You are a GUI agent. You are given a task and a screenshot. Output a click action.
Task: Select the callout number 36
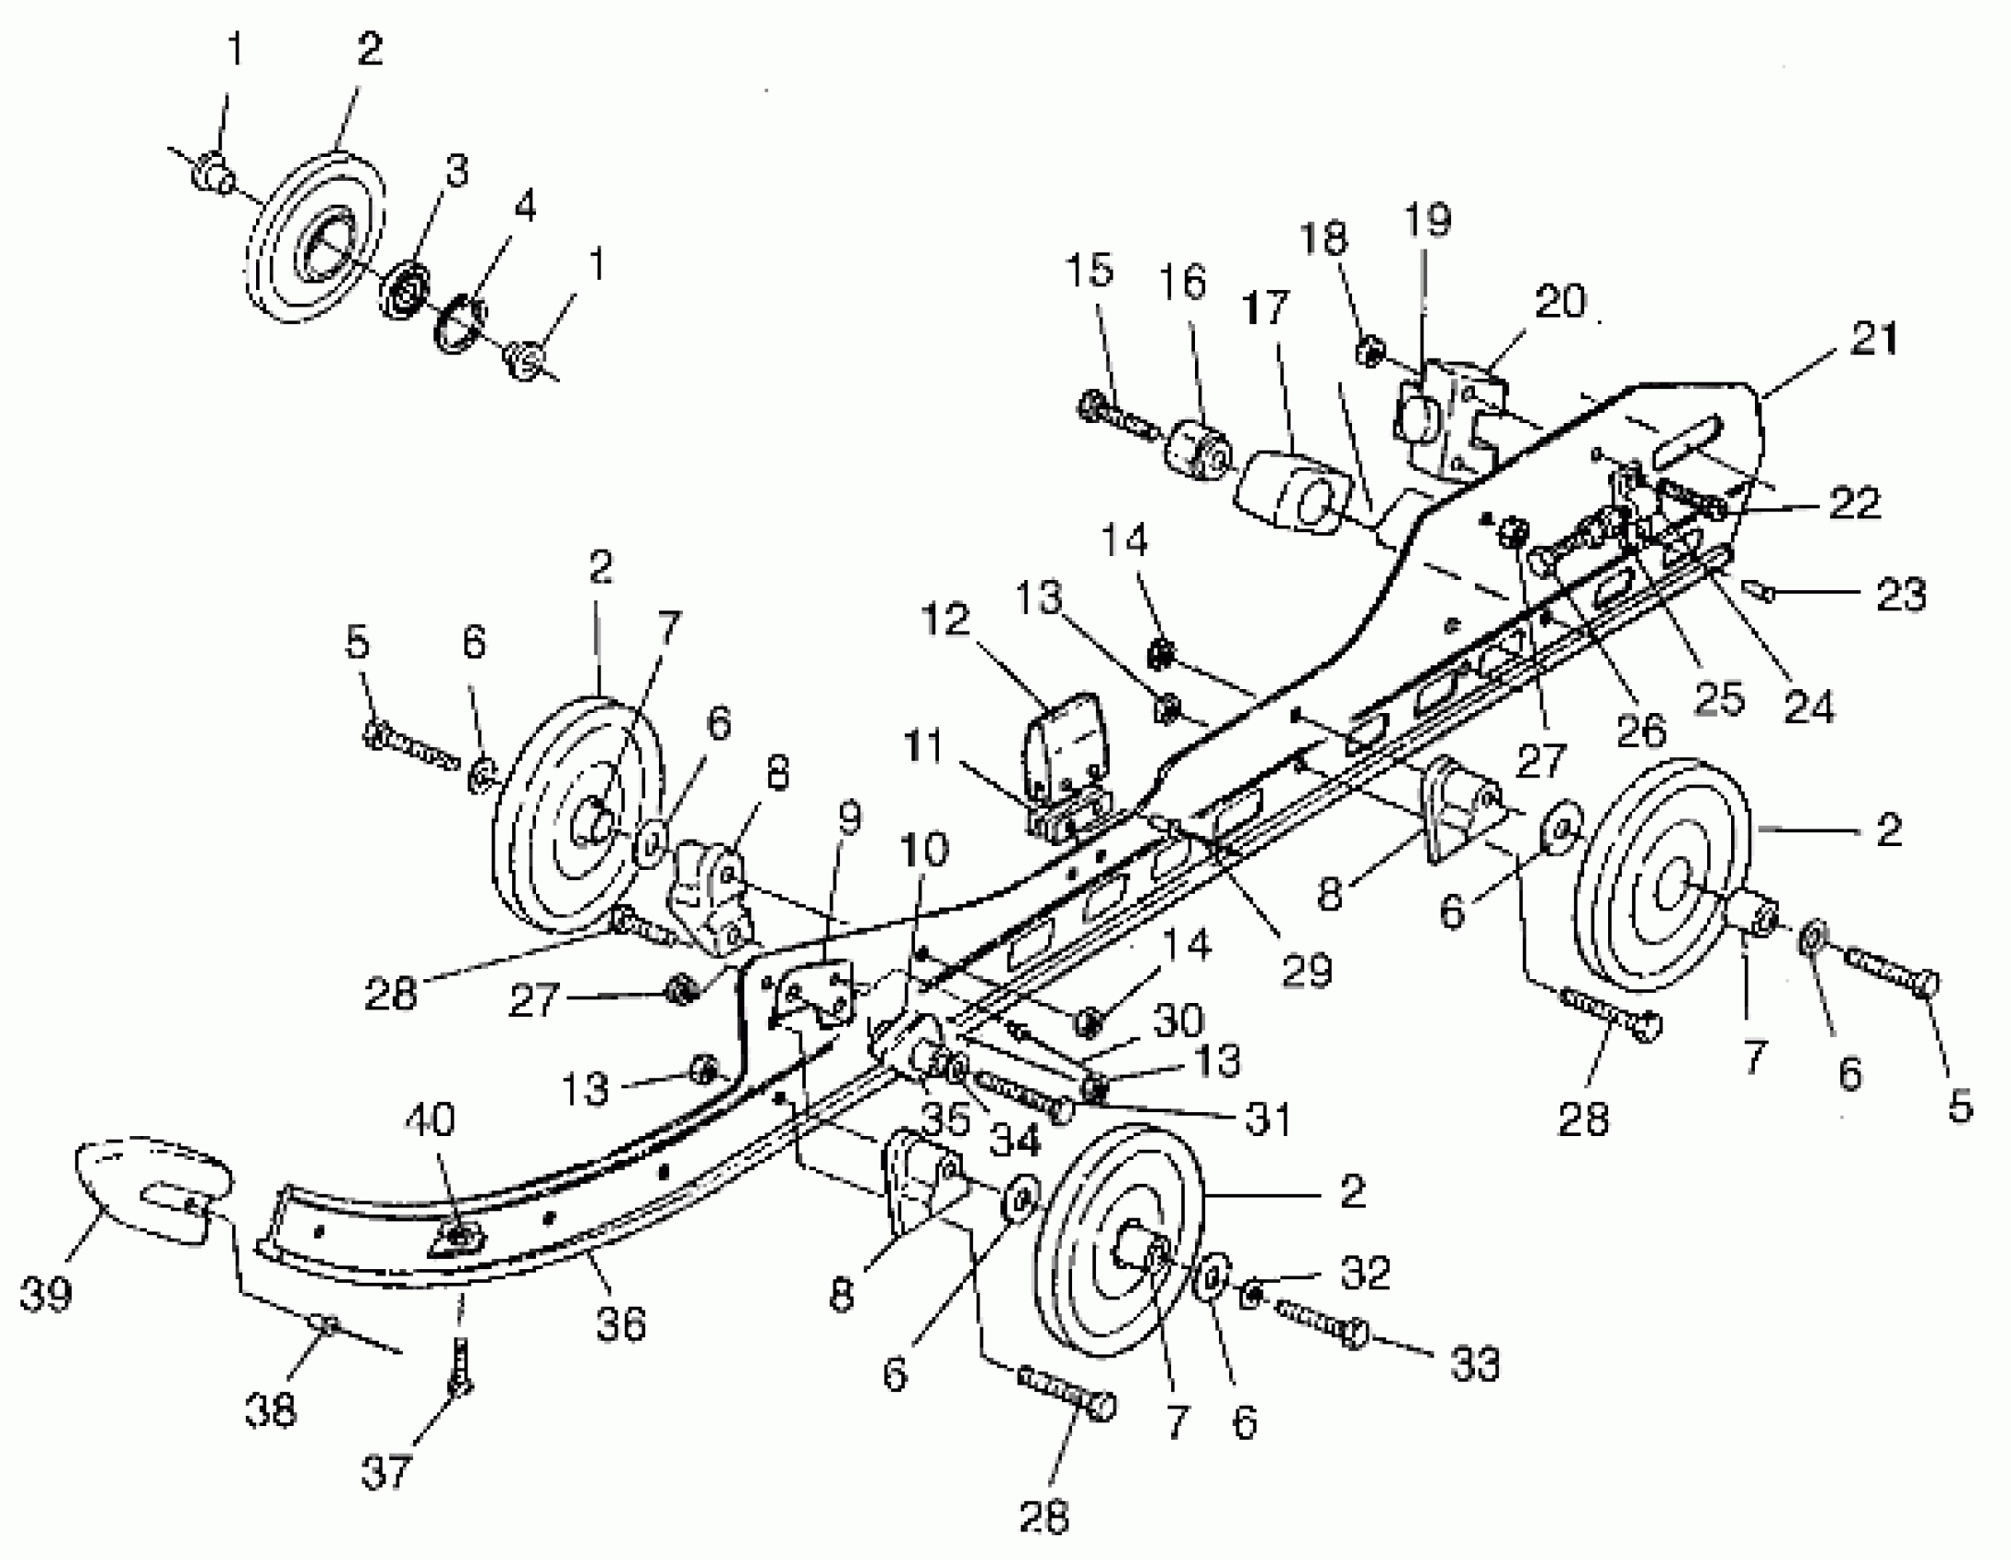(620, 1323)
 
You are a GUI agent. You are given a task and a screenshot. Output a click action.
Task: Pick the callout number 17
(1265, 306)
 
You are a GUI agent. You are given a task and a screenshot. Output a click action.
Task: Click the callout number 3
(452, 172)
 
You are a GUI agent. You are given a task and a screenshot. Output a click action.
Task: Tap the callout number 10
(924, 849)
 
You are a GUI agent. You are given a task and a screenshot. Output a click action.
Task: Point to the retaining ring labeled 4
(458, 327)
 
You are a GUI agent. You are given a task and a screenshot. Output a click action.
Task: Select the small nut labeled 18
(1369, 351)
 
